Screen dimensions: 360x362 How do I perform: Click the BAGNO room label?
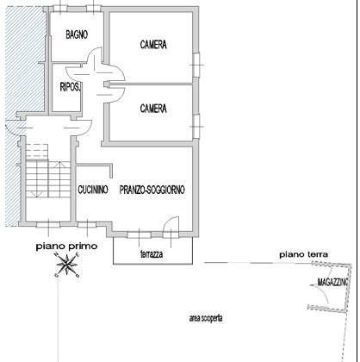pos(77,34)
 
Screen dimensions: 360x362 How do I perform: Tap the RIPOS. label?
pos(71,87)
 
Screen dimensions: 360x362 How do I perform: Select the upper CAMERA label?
pos(153,45)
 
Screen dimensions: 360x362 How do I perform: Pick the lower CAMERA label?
pos(153,109)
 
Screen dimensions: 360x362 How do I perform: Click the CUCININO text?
pos(93,190)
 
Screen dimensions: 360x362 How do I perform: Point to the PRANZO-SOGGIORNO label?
pos(152,190)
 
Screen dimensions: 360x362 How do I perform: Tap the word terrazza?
pos(152,254)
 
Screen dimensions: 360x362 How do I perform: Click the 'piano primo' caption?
pos(66,247)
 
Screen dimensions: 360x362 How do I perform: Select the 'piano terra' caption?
pos(304,254)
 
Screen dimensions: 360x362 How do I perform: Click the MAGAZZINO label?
pos(332,282)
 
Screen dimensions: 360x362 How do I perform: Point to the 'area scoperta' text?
pos(206,318)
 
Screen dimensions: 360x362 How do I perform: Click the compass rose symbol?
pos(67,265)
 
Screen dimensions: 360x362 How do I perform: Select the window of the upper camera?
pos(196,65)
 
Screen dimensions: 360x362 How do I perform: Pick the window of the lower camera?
pos(196,127)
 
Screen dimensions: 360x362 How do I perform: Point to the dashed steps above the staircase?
pos(37,152)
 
